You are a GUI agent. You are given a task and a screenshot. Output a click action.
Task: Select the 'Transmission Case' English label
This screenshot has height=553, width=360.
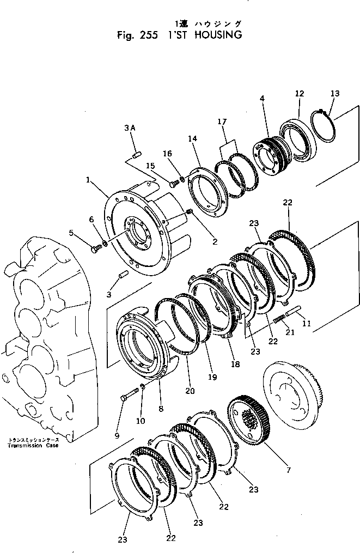33,445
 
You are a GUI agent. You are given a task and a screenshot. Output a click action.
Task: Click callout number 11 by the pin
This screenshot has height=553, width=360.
306,323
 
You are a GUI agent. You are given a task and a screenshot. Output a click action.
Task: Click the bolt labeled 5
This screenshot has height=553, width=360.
96,249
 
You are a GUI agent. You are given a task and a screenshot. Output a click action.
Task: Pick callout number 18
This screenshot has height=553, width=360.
235,363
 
